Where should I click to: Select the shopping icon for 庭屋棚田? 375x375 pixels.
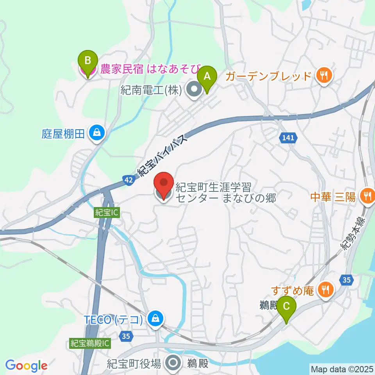tap(96, 133)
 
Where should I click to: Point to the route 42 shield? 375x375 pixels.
tap(129, 179)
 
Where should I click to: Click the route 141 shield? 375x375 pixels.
tap(289, 137)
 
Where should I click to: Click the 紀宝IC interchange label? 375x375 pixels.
tap(106, 213)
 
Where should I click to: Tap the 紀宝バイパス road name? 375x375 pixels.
tap(164, 150)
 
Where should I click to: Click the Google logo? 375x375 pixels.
tap(26, 366)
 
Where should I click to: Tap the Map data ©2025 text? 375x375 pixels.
tap(342, 369)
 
